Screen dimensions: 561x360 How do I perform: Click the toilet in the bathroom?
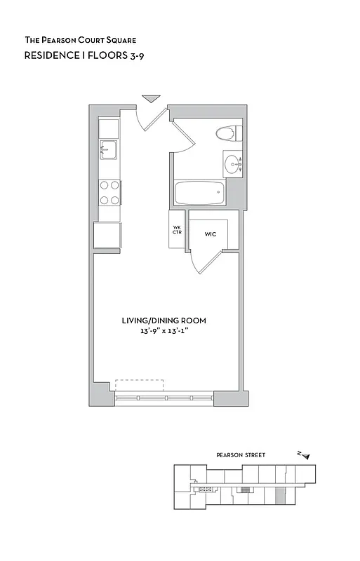(227, 133)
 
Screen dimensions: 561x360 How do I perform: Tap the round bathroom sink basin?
(232, 164)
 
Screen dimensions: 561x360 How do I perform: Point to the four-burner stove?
(109, 192)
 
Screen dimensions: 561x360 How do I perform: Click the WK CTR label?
(178, 231)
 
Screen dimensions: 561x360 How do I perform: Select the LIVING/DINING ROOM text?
(164, 320)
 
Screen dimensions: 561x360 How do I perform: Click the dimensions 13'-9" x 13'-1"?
(164, 331)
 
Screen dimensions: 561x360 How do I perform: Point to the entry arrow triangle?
(150, 99)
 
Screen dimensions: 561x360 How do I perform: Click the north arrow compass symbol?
(303, 454)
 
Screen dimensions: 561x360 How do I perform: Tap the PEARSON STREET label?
(241, 455)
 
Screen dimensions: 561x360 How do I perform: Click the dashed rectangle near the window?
(139, 386)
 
